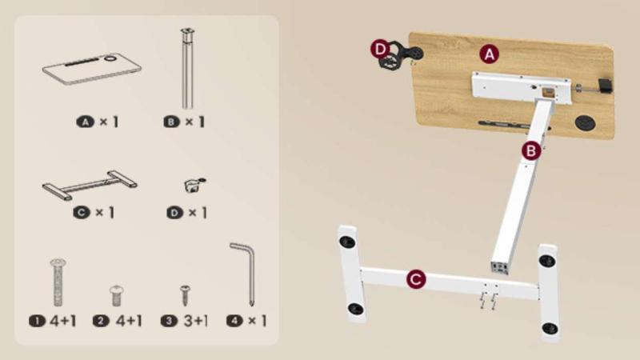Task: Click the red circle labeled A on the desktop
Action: click(x=489, y=54)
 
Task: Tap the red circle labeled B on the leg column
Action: click(x=531, y=151)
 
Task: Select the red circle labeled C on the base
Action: click(x=416, y=279)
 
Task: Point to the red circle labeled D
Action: click(x=381, y=50)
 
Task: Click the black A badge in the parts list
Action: click(x=86, y=122)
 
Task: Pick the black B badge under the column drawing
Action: click(x=171, y=122)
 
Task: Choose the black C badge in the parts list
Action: click(x=82, y=212)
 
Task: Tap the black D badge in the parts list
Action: click(x=174, y=213)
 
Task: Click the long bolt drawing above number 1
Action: click(x=58, y=282)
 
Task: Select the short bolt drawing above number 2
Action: click(x=117, y=296)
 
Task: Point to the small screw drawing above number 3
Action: click(x=185, y=295)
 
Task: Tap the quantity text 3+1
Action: click(x=195, y=321)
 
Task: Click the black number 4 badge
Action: click(x=234, y=321)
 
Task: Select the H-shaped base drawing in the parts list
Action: click(x=90, y=185)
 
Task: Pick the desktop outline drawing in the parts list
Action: click(x=92, y=68)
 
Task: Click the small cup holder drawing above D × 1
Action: click(x=194, y=185)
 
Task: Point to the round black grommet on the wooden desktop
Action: click(x=585, y=122)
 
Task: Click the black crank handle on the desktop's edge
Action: click(x=605, y=86)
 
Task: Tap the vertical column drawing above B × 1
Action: click(x=187, y=68)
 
